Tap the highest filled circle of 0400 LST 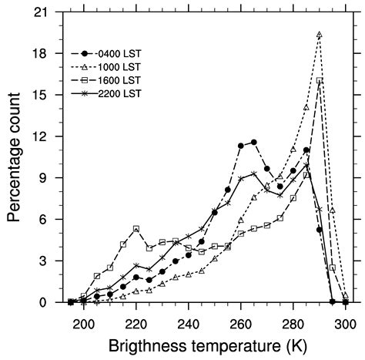254,142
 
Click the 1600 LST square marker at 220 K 136,228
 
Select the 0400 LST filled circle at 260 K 241,146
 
